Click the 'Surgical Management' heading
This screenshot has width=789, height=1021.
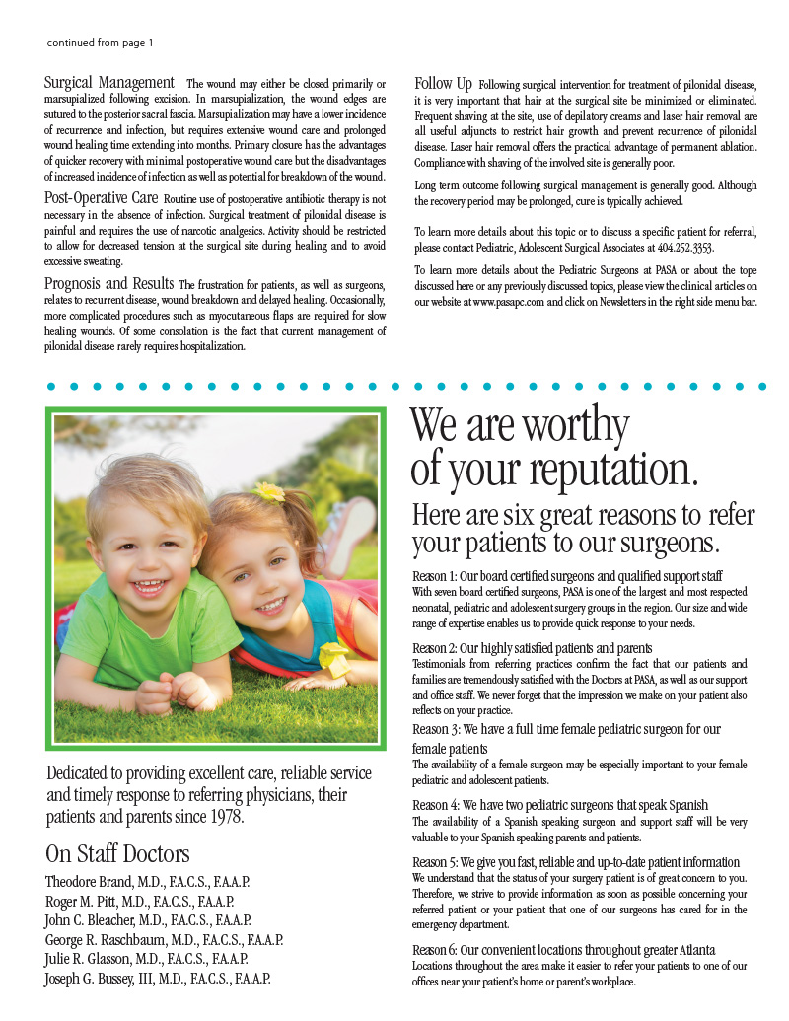109,83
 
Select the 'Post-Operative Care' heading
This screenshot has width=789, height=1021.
103,198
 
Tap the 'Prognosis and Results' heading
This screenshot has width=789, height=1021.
109,283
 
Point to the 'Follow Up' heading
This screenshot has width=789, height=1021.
443,83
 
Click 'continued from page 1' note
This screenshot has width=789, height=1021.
100,43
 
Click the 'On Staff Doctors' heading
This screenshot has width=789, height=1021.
117,853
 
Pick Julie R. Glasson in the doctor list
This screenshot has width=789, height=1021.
90,958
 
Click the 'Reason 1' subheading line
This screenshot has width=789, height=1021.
567,575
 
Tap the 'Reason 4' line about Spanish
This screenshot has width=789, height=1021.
560,805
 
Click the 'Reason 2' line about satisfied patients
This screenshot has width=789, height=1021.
532,648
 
